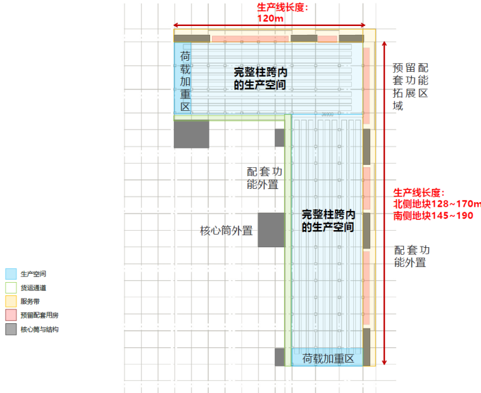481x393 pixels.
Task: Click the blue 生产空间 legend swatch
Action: tap(11, 274)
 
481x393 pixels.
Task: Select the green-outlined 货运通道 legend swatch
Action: tap(11, 288)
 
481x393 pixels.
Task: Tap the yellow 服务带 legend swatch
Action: tap(11, 301)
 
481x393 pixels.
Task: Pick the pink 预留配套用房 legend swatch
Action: tap(11, 315)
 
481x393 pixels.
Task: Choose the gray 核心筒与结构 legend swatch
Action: tap(11, 329)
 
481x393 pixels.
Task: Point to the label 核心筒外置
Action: tap(226, 231)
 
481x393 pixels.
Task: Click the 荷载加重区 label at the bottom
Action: tap(328, 358)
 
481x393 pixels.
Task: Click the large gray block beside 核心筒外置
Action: tap(271, 229)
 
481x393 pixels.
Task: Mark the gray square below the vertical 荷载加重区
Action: tap(191, 134)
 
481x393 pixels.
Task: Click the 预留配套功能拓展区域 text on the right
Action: tap(410, 87)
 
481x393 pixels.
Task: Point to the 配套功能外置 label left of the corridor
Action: tap(265, 178)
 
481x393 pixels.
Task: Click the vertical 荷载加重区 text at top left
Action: tap(185, 81)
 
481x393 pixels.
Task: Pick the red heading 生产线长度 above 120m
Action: tap(282, 7)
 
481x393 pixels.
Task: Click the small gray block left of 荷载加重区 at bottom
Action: tap(280, 357)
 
